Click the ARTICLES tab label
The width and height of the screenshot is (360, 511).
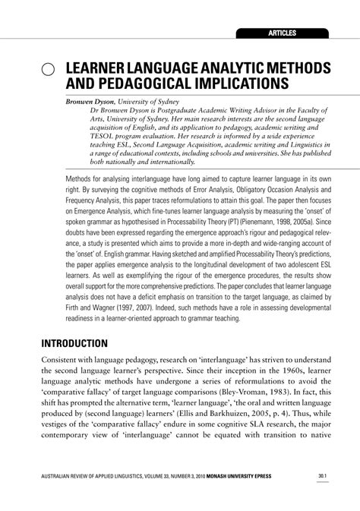281,33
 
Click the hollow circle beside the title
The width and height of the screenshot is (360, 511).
47,69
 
